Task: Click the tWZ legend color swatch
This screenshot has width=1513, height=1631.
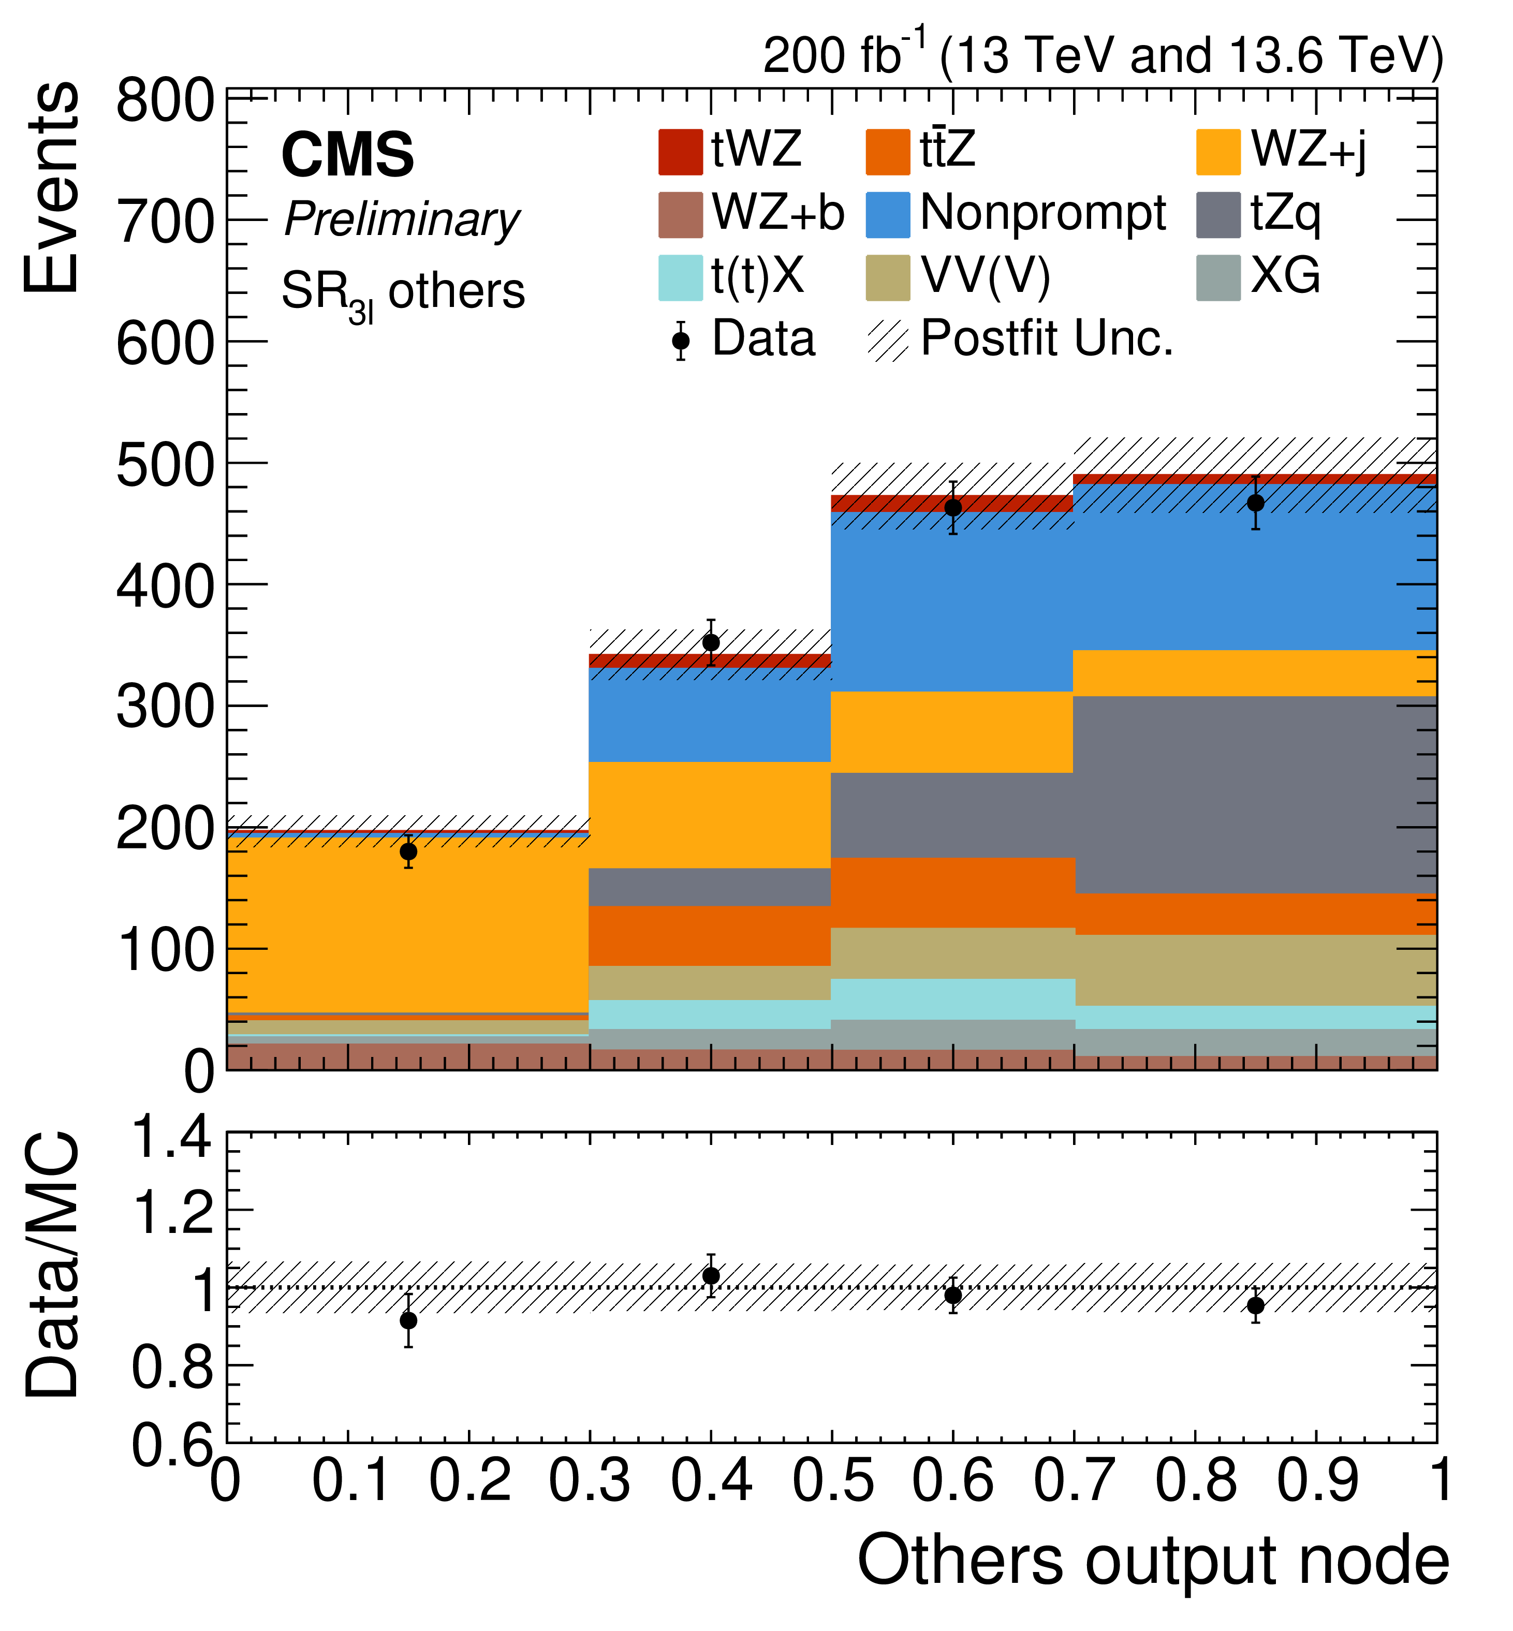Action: pos(680,152)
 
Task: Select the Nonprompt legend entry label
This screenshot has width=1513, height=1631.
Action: pos(1042,214)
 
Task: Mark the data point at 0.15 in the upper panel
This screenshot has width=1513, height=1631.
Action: pos(408,851)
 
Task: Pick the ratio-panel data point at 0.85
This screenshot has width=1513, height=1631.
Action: pos(1255,1306)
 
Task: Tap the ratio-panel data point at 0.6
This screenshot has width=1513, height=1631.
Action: pos(953,1295)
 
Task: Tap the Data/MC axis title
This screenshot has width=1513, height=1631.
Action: pos(53,1265)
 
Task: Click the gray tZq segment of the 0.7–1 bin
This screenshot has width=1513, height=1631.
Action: pos(1254,794)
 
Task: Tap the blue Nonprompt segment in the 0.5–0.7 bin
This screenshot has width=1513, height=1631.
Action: pos(952,602)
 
